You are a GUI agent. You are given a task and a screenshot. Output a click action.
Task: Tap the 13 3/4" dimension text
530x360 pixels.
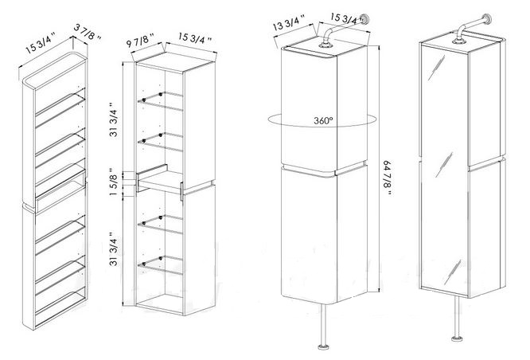289,23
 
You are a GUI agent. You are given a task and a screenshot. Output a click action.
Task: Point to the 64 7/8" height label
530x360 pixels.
388,178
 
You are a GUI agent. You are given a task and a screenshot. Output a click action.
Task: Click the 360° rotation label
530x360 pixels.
323,120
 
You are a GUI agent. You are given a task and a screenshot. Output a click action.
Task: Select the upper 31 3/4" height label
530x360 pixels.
115,119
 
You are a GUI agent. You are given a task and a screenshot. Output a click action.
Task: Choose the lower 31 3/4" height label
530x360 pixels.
115,249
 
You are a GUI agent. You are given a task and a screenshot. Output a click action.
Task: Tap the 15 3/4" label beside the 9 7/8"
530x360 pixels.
195,38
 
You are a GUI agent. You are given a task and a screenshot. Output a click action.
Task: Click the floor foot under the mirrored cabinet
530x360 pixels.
456,338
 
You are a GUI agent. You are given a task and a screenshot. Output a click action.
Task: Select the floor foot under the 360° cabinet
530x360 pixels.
323,346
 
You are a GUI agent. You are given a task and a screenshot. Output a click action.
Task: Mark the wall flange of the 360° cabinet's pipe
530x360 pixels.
364,19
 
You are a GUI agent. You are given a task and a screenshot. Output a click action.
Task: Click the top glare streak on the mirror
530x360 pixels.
436,68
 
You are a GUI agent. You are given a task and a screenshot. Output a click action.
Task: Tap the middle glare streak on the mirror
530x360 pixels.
444,165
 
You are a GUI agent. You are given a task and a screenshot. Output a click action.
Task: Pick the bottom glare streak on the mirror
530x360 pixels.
452,272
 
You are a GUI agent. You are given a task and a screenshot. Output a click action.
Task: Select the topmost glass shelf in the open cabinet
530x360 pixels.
160,100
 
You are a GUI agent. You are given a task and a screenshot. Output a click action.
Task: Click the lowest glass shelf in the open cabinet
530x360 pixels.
160,265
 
